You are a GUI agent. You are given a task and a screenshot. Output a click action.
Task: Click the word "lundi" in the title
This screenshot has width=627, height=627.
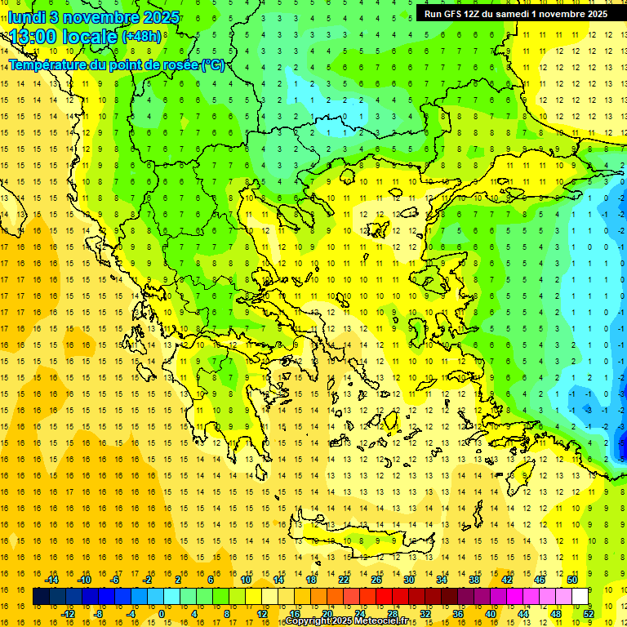point(27,16)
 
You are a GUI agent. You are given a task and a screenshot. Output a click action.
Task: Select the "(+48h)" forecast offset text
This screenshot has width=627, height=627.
point(141,37)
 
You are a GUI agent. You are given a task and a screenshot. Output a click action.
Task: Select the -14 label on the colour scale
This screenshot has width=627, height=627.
point(51,580)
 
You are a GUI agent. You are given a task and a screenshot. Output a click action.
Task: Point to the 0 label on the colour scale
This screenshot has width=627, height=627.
point(161,614)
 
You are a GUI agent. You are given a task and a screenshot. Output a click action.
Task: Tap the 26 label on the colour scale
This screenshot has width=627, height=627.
point(376,580)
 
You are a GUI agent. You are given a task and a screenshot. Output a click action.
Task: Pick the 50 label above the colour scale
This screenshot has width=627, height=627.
point(572,580)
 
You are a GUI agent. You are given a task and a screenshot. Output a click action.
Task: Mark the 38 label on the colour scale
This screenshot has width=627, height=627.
point(474,580)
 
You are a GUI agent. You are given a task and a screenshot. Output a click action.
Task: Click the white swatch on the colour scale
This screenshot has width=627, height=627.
point(580,596)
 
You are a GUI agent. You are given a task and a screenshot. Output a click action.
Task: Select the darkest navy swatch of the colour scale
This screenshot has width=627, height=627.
point(41,596)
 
